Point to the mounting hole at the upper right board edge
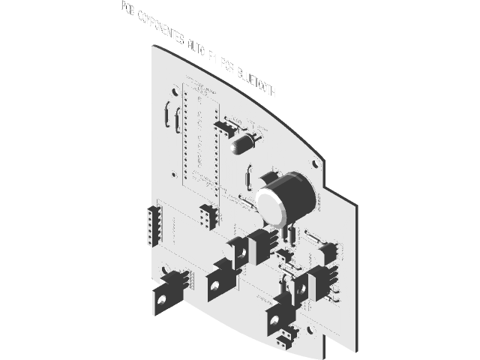(318, 160)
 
